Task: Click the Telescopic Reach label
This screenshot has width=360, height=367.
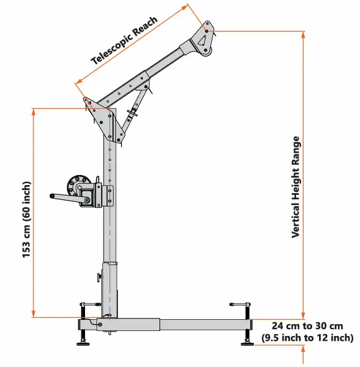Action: pyautogui.click(x=125, y=40)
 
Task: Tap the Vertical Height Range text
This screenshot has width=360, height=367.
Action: pyautogui.click(x=297, y=187)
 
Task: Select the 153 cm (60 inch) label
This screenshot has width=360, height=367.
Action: pyautogui.click(x=27, y=220)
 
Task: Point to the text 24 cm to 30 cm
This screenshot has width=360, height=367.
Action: pyautogui.click(x=307, y=326)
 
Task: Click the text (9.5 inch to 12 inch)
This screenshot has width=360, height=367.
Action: pyautogui.click(x=307, y=338)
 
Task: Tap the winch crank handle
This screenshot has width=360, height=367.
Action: pyautogui.click(x=65, y=198)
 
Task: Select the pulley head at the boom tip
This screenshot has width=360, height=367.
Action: pyautogui.click(x=204, y=39)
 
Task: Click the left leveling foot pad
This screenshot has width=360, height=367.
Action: pyautogui.click(x=83, y=343)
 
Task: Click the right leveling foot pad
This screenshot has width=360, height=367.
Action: pyautogui.click(x=246, y=343)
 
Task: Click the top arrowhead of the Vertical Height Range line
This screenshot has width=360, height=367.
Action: pyautogui.click(x=303, y=34)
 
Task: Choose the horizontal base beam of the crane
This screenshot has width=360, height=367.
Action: pyautogui.click(x=180, y=324)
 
